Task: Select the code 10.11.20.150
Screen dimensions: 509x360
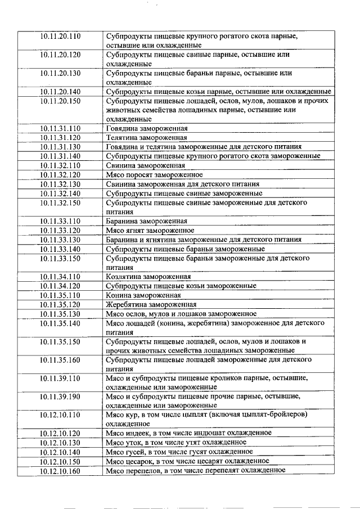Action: [x=60, y=101]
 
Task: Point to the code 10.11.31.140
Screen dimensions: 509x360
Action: [x=60, y=155]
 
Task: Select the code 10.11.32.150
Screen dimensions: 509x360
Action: [x=60, y=202]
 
